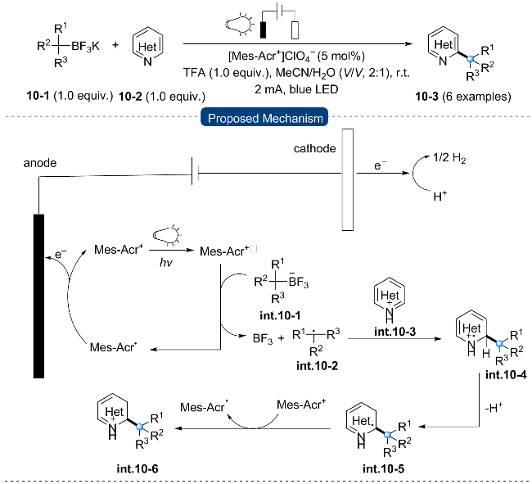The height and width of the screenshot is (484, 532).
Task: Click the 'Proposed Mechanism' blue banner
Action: pos(264,117)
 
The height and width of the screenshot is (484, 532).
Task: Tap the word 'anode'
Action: pos(40,163)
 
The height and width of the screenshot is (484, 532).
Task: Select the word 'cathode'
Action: pos(314,149)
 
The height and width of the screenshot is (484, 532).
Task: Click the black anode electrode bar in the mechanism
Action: pos(38,296)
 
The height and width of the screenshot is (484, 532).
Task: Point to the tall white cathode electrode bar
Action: pos(347,179)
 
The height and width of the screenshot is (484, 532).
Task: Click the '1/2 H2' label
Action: pos(449,158)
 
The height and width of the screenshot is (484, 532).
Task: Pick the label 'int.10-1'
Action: pos(280,315)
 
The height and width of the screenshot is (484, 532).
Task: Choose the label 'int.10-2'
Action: pos(317,365)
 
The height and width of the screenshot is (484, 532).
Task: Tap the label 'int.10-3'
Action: pos(394,331)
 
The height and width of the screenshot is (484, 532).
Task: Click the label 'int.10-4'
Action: pos(506,374)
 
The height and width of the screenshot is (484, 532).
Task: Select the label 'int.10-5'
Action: pos(383,468)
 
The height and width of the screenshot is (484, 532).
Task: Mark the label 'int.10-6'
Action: pos(138,468)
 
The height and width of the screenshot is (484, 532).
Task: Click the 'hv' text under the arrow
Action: pos(166,262)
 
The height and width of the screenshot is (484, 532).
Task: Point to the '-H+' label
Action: pos(494,407)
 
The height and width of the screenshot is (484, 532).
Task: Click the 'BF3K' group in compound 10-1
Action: pos(85,46)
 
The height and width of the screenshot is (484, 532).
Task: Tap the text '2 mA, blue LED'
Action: pos(296,89)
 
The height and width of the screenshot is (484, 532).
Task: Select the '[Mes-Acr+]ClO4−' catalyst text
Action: pos(272,56)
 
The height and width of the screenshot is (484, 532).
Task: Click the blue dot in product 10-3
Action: pos(470,59)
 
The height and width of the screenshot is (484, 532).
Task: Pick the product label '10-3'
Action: pos(426,97)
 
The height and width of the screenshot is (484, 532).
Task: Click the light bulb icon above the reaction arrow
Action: pos(240,25)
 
